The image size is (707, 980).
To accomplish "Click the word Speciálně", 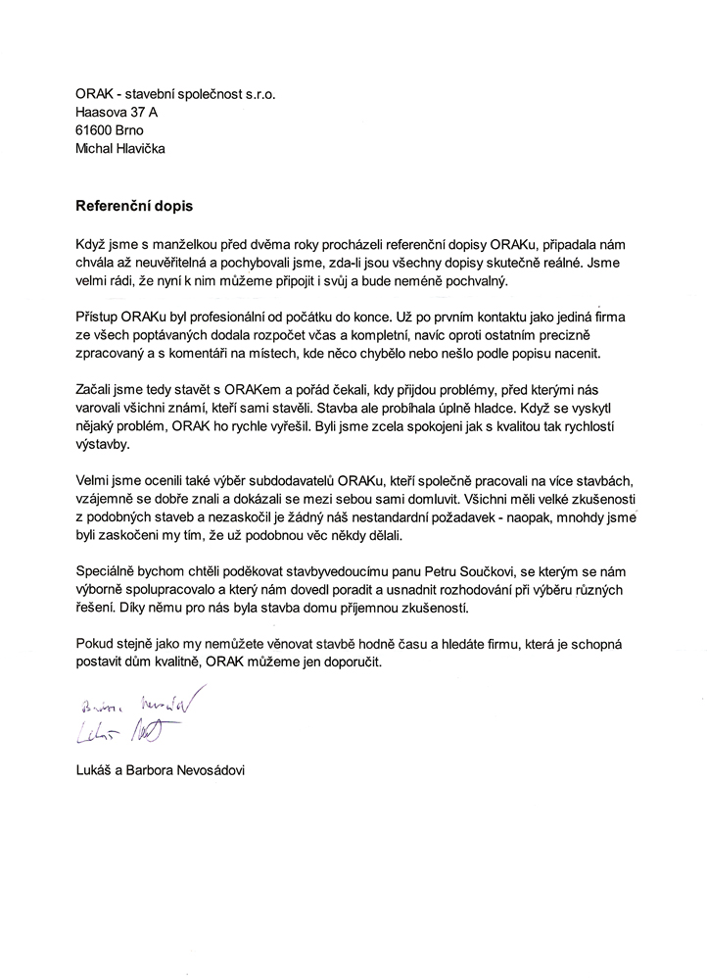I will pyautogui.click(x=107, y=570).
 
